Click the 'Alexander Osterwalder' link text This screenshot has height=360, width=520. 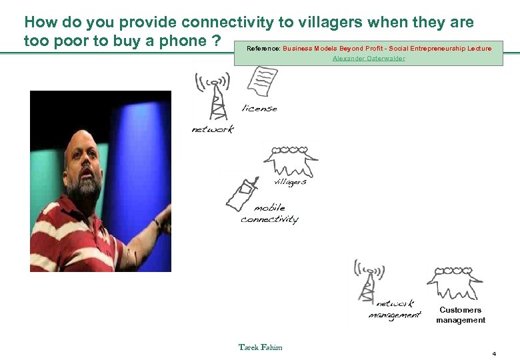pyautogui.click(x=369, y=59)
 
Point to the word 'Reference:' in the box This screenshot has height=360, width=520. pyautogui.click(x=263, y=49)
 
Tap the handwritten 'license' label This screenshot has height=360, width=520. pyautogui.click(x=259, y=109)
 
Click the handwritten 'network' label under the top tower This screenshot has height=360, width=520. pyautogui.click(x=213, y=129)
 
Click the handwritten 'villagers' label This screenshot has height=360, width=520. pyautogui.click(x=290, y=182)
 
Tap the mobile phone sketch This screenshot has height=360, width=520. pyautogui.click(x=241, y=194)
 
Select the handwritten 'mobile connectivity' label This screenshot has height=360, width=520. pyautogui.click(x=270, y=214)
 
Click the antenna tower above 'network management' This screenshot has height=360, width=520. pyautogui.click(x=366, y=280)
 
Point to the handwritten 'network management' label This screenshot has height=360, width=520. pyautogui.click(x=395, y=310)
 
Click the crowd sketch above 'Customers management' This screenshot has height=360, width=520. pyautogui.click(x=455, y=283)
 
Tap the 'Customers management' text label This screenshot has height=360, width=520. pyautogui.click(x=461, y=315)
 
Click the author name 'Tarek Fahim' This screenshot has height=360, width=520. pyautogui.click(x=261, y=347)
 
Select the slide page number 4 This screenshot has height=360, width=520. pyautogui.click(x=494, y=353)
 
